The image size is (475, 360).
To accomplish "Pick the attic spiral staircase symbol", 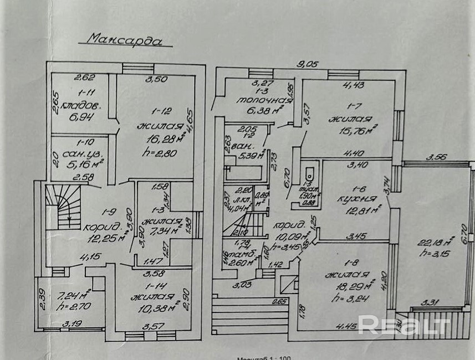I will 62,206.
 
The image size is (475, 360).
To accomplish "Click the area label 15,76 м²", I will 353,131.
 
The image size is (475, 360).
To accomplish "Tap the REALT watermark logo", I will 403,325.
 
